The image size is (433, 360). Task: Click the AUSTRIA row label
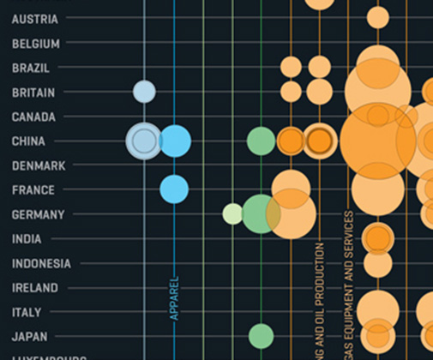coord(35,19)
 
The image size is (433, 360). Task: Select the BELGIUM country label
coord(36,44)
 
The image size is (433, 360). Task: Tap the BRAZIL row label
coord(31,68)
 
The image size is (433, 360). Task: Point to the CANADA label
coord(33,117)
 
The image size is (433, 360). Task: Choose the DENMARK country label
coord(39,165)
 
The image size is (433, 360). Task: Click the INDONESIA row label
coord(41,264)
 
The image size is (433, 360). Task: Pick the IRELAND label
coord(35,288)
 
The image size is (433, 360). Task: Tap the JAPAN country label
coord(30,337)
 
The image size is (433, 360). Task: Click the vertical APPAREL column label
coord(174,297)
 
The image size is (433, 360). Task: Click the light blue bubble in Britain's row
coord(144,92)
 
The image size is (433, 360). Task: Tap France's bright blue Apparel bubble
coord(174,189)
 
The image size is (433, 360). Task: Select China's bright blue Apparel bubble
coord(175,141)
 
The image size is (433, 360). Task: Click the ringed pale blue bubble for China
coord(143,140)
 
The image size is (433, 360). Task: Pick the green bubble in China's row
coord(261,141)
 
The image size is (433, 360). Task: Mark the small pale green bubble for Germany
coord(232,213)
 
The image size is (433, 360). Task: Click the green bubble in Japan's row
coord(261,336)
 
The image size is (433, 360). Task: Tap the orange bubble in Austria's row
coord(377,17)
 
